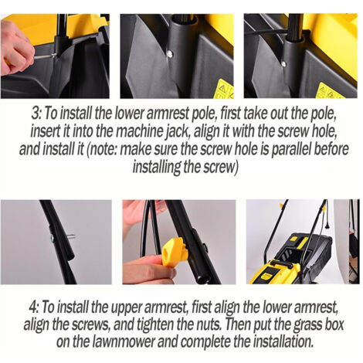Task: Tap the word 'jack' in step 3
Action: coord(180,132)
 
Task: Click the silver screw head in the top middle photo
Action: coord(169,54)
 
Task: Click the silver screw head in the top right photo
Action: coord(283,64)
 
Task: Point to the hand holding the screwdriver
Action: coord(16,49)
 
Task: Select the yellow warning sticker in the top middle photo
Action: coord(224,89)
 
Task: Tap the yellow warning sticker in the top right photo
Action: coord(330,90)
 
